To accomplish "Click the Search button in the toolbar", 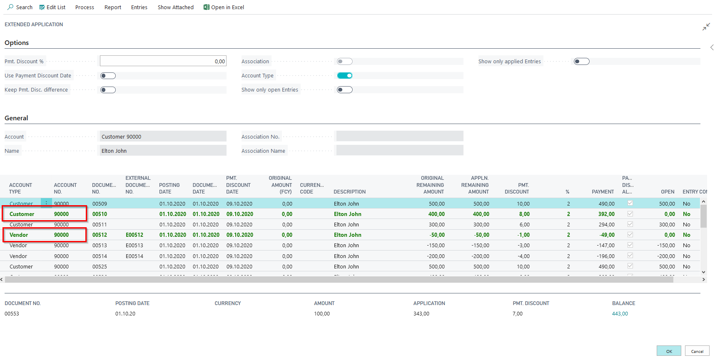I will [20, 7].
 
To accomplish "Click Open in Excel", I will [224, 7].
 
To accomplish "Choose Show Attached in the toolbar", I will [175, 7].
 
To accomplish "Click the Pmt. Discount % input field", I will [163, 61].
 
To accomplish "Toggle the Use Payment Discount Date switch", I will [108, 76].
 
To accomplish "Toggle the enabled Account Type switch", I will [344, 76].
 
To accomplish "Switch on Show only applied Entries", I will [581, 62].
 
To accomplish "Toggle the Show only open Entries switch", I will [344, 90].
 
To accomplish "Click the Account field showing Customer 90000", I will [163, 137].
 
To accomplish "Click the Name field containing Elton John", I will [163, 151].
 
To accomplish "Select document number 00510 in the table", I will [100, 214].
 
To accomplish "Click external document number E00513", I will [134, 246].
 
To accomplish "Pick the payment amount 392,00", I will [606, 214].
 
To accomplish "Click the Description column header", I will [349, 192].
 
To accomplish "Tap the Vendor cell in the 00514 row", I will [18, 256].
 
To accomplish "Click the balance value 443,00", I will [620, 314].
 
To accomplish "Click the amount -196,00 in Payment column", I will [605, 256].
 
